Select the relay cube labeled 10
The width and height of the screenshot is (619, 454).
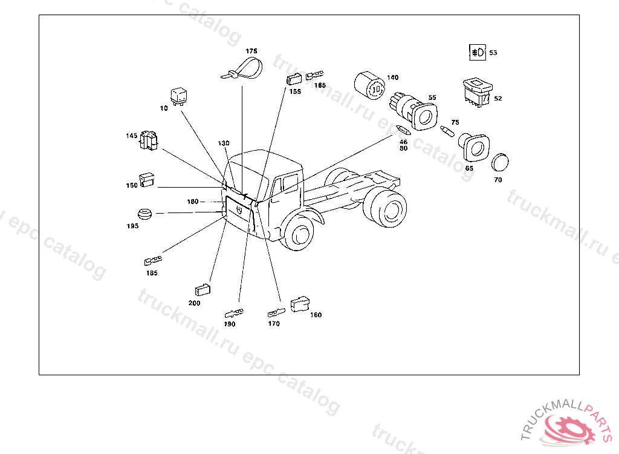click(x=178, y=96)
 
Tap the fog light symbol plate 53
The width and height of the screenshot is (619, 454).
click(x=478, y=52)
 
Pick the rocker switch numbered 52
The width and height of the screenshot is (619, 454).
click(x=478, y=92)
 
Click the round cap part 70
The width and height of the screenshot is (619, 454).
click(x=500, y=162)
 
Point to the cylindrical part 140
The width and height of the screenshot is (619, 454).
click(x=369, y=86)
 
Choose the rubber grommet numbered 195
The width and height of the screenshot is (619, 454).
click(x=144, y=214)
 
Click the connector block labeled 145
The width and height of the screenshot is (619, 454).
click(x=149, y=140)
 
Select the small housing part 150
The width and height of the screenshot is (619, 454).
click(x=146, y=180)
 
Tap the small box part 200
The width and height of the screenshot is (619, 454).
click(x=203, y=291)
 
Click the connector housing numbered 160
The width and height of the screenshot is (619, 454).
click(x=300, y=304)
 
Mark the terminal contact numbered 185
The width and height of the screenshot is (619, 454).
click(x=153, y=260)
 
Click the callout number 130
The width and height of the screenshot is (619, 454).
click(x=224, y=143)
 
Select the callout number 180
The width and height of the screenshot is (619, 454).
click(x=193, y=202)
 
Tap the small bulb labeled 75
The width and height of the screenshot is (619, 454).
click(x=447, y=131)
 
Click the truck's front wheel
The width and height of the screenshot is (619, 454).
click(x=299, y=234)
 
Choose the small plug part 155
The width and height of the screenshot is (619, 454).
click(x=294, y=79)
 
